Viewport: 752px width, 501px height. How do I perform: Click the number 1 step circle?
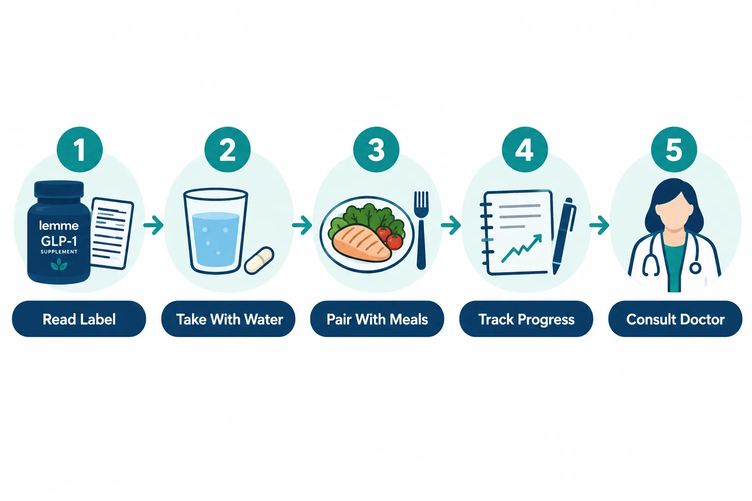click(80, 149)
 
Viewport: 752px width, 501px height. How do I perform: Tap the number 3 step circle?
click(376, 149)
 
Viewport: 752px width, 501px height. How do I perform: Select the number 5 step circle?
click(674, 149)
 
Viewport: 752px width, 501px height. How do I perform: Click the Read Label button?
click(79, 319)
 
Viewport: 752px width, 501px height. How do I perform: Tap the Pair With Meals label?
click(377, 319)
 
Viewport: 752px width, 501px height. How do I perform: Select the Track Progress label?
click(526, 319)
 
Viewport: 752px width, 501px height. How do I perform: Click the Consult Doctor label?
click(675, 319)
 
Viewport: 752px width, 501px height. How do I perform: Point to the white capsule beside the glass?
click(259, 260)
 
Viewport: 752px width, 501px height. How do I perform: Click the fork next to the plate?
click(421, 230)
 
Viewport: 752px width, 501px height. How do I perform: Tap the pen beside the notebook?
click(564, 236)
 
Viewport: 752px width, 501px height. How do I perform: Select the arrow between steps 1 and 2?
click(153, 225)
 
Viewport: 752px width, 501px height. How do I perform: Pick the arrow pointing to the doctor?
click(599, 225)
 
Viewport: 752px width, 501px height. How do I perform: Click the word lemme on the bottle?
click(59, 225)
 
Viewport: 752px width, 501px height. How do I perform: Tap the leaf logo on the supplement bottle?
click(59, 265)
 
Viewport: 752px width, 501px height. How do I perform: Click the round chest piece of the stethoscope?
click(695, 268)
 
